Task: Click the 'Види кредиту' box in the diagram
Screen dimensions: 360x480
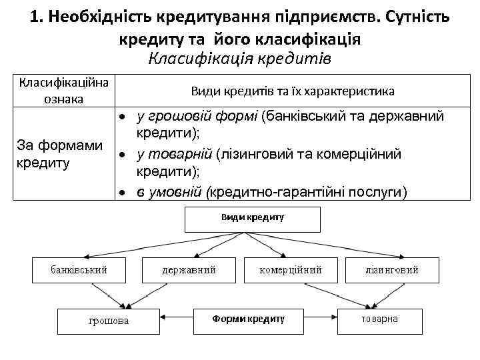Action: click(251, 217)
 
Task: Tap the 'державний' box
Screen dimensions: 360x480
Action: click(189, 270)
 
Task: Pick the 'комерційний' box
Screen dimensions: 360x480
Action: click(291, 270)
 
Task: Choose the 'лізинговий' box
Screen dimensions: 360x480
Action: click(392, 270)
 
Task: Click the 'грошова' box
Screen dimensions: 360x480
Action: click(108, 321)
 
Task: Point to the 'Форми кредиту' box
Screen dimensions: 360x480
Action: click(248, 319)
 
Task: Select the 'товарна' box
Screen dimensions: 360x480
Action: click(380, 319)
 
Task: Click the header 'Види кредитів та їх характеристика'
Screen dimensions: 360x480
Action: click(293, 91)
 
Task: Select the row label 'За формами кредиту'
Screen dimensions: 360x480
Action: click(59, 153)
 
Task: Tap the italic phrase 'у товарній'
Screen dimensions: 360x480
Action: click(174, 155)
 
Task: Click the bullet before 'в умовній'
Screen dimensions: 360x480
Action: click(123, 193)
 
